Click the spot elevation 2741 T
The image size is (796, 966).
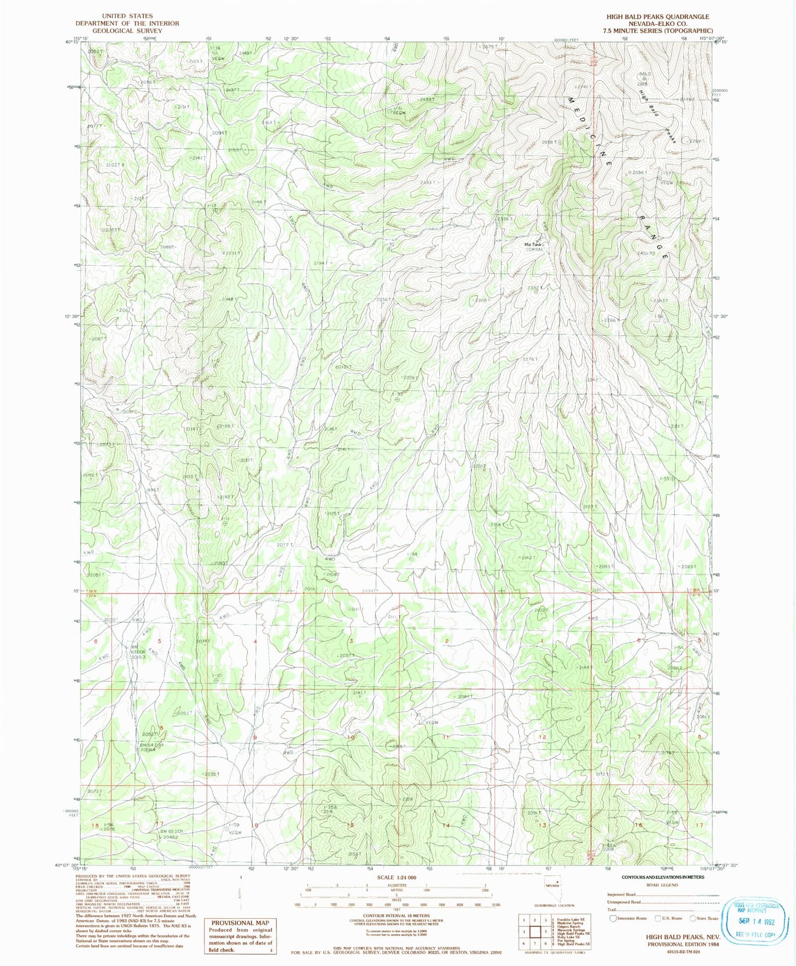point(583,86)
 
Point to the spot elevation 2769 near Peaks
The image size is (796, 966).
point(695,141)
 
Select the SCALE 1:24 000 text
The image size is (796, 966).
point(397,877)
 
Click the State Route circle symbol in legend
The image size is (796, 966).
point(693,918)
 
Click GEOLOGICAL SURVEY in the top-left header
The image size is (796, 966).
point(127,30)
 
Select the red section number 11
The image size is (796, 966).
point(446,737)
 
